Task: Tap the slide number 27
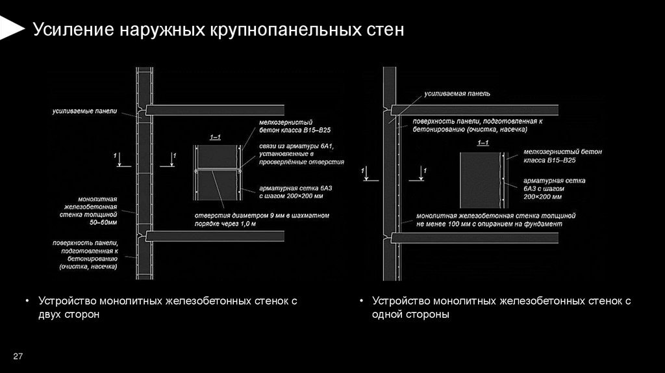click(18, 355)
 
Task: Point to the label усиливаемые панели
click(85, 112)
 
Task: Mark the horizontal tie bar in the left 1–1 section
click(217, 171)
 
